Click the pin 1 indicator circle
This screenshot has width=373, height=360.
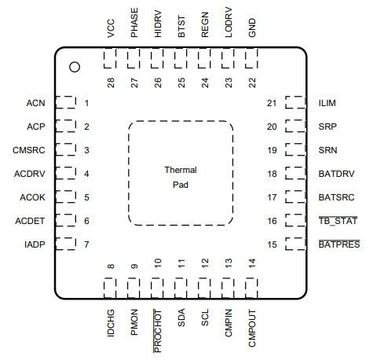coord(75,67)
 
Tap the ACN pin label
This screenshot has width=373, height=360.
coord(35,103)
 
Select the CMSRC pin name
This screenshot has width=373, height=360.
coord(29,150)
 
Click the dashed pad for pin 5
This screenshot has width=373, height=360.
coord(66,197)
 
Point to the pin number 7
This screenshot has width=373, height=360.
coord(86,244)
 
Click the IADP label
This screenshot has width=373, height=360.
coord(35,244)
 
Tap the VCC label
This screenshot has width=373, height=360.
coord(111,28)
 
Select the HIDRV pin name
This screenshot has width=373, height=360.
coord(158,24)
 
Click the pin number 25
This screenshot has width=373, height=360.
coord(181,83)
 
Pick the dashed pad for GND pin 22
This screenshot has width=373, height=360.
coord(251,58)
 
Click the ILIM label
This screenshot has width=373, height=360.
coord(327,103)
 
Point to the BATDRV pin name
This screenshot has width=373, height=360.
coord(336,174)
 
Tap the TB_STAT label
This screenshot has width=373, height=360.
coord(338,221)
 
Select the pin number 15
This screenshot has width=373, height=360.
coord(272,244)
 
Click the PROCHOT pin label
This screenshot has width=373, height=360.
coord(158,331)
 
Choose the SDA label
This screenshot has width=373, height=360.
coord(181,318)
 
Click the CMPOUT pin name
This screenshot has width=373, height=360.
coord(252,329)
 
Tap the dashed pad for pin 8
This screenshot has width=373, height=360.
coord(110,288)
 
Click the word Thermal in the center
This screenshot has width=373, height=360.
coord(181,170)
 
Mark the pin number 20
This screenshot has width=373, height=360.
coord(272,127)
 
